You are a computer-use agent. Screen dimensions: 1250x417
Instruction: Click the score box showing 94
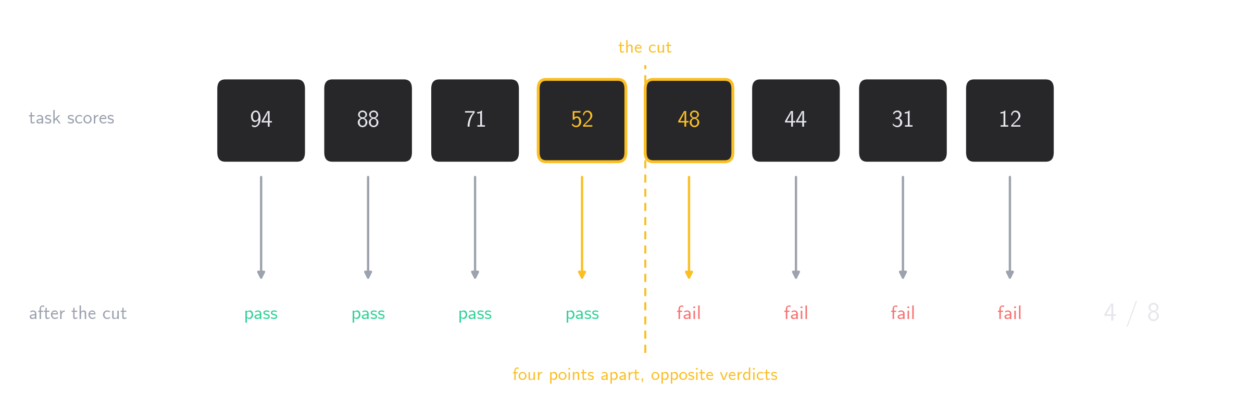click(x=261, y=120)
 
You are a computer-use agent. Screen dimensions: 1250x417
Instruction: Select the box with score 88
click(x=368, y=120)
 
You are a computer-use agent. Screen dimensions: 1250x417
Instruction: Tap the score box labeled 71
click(x=475, y=120)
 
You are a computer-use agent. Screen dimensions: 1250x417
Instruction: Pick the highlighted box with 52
click(x=582, y=120)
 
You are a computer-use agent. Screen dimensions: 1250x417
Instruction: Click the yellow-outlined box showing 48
click(x=689, y=120)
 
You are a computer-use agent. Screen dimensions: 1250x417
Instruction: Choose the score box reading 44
click(x=796, y=120)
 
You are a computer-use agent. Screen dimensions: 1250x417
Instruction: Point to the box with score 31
click(x=903, y=120)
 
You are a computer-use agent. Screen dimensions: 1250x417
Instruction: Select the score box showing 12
click(x=1010, y=120)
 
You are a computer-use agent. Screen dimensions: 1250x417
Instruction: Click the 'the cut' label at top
click(x=645, y=47)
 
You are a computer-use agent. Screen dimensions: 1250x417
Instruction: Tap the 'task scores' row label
click(x=71, y=118)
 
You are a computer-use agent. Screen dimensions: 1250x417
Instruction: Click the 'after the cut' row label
click(x=78, y=313)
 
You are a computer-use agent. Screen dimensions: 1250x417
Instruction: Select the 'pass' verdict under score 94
click(x=261, y=314)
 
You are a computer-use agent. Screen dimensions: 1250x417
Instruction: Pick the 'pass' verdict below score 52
click(x=582, y=314)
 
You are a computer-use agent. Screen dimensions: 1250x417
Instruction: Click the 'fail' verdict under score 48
click(x=689, y=313)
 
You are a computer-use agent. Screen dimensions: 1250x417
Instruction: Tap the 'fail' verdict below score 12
click(x=1009, y=313)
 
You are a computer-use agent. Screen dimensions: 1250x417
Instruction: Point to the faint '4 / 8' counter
click(x=1132, y=313)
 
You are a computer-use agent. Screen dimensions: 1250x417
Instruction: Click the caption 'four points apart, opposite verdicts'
click(x=645, y=375)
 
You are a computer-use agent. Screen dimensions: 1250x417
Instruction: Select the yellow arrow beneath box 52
click(x=582, y=227)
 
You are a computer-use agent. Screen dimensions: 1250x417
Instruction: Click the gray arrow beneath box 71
click(x=475, y=227)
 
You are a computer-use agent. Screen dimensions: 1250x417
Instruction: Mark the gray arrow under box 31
click(x=903, y=227)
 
